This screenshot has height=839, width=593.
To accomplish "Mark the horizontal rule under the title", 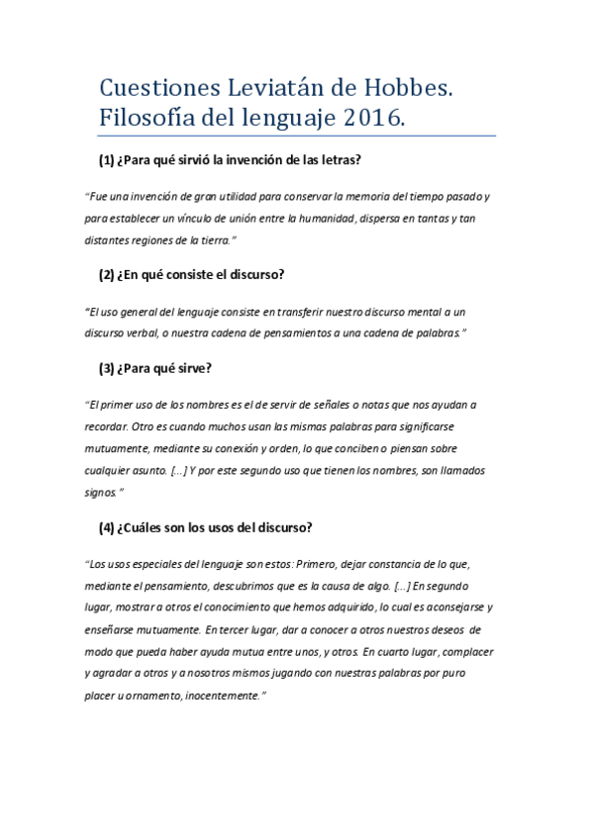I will [296, 137].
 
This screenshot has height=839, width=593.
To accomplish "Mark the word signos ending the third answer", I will [101, 491].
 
